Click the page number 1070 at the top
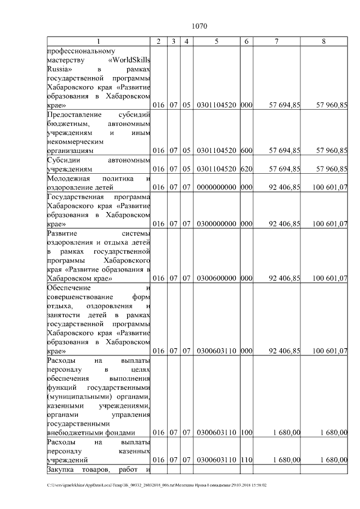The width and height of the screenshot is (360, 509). [200, 26]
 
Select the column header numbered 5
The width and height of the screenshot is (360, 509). [217, 42]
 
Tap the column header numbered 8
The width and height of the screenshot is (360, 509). [323, 42]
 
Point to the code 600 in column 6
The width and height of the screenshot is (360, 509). [246, 151]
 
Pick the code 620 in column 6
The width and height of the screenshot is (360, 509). [246, 169]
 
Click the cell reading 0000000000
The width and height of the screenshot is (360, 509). [217, 187]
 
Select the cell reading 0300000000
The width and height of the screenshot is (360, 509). [217, 224]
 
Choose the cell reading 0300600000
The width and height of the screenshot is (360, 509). [217, 278]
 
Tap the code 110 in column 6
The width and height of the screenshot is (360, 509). [246, 460]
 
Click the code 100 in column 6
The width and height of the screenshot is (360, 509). [246, 433]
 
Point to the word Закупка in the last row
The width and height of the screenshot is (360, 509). [61, 470]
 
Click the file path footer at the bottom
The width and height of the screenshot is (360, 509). [157, 485]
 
